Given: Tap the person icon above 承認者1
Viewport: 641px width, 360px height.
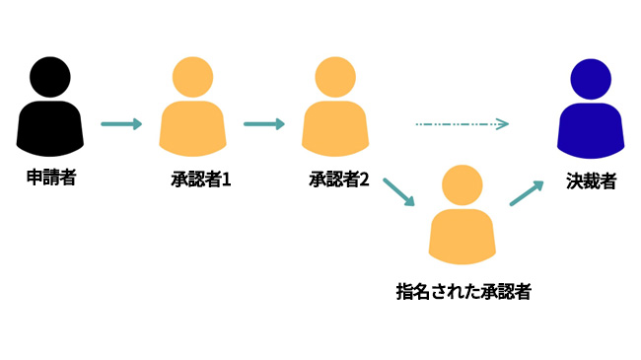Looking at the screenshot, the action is point(194,108).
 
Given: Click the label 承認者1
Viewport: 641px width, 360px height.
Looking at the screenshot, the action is point(200,180).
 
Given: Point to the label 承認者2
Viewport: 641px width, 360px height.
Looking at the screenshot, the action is point(338,180).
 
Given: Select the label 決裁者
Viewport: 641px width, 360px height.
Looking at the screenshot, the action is point(593,180).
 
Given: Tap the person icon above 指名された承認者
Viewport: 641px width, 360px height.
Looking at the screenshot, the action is point(463,217).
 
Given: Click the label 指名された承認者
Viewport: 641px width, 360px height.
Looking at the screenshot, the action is point(463,291).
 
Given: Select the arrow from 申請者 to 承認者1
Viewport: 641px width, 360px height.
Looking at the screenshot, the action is point(122,124).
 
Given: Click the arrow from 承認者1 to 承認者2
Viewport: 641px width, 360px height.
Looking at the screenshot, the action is point(264,124).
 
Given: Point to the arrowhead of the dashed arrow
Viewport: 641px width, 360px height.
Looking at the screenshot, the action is point(502,124).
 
